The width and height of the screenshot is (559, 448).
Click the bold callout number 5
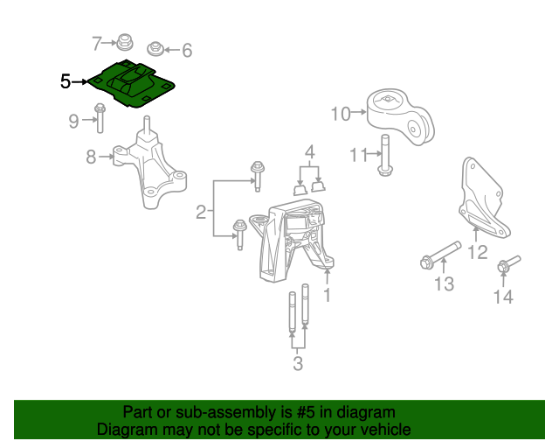point(66,81)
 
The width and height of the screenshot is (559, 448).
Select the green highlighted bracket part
point(131,83)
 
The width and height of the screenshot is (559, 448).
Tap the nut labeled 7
point(125,42)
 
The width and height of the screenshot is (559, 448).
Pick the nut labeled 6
point(155,49)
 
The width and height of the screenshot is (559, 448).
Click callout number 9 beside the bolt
point(73,121)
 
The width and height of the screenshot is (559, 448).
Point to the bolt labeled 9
point(100,118)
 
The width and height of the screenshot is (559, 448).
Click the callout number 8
point(91,157)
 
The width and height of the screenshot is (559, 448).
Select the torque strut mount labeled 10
point(401,117)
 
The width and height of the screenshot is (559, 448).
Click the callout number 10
point(341,114)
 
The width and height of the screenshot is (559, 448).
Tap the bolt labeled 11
point(385,155)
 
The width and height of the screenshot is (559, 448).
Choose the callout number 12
point(478,252)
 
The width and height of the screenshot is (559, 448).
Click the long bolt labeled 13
point(440,255)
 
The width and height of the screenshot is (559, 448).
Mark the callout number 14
point(503,297)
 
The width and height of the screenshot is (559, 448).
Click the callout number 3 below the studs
point(298,364)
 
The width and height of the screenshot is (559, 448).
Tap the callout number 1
point(328,295)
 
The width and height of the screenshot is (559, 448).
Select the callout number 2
point(201,213)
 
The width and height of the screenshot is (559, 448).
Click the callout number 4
point(310,152)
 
